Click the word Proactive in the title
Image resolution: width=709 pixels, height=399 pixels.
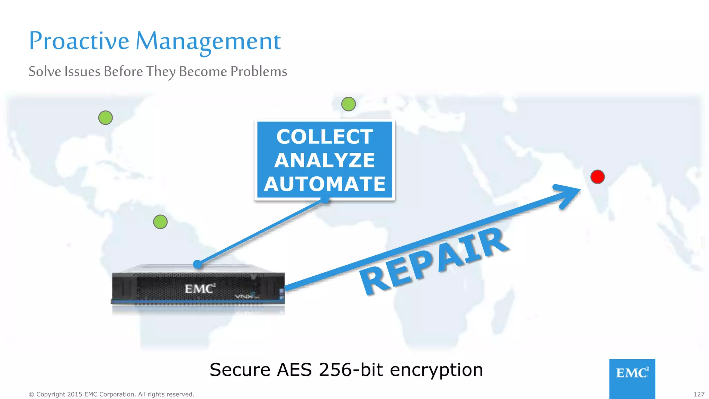coord(79,41)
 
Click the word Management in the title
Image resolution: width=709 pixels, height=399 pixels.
coord(208,41)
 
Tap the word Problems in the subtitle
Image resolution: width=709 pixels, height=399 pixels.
coord(259,71)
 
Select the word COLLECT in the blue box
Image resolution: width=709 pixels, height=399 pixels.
coord(325,136)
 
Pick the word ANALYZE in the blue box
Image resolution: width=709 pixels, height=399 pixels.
coord(325,160)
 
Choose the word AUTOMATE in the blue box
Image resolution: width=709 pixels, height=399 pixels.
coord(325,184)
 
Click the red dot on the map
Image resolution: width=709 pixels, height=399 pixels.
coord(598,177)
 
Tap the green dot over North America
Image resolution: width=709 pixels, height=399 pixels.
coord(106,118)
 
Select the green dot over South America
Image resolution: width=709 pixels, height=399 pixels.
coord(160,222)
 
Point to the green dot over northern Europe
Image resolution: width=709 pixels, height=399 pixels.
coord(349,104)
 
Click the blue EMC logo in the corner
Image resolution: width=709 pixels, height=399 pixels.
coord(632,373)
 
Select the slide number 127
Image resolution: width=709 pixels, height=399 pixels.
coord(699,394)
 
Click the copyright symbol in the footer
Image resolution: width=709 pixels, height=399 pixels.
coord(31,394)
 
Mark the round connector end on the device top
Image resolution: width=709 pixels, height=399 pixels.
coord(197,265)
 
